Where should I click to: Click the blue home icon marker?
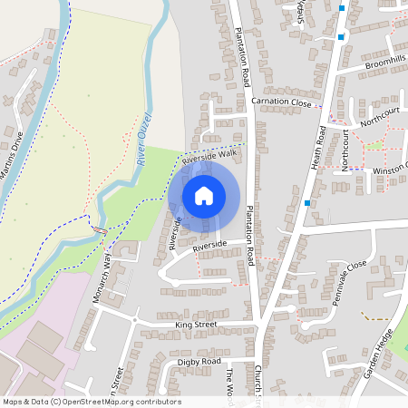(x=204, y=196)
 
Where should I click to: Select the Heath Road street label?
(x=320, y=148)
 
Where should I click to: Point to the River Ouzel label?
(x=143, y=137)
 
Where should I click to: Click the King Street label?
(x=196, y=324)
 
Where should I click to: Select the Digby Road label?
(x=199, y=361)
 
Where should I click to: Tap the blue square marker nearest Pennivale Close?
(x=308, y=203)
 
